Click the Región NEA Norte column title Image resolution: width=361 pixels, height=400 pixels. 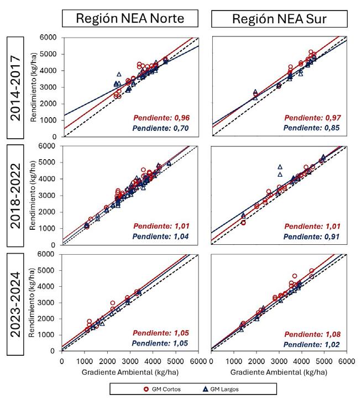click(130, 18)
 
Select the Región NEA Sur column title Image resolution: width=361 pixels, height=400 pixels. click(279, 18)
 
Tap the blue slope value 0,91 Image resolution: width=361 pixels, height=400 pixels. click(313, 236)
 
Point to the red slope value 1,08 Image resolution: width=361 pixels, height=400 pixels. click(313, 334)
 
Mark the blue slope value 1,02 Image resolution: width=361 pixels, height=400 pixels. click(313, 345)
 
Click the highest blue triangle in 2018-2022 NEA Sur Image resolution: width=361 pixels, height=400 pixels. click(280, 166)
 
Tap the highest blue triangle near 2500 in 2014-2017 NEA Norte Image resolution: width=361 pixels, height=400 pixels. click(119, 74)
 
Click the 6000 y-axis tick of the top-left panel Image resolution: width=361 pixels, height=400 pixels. click(53, 37)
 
